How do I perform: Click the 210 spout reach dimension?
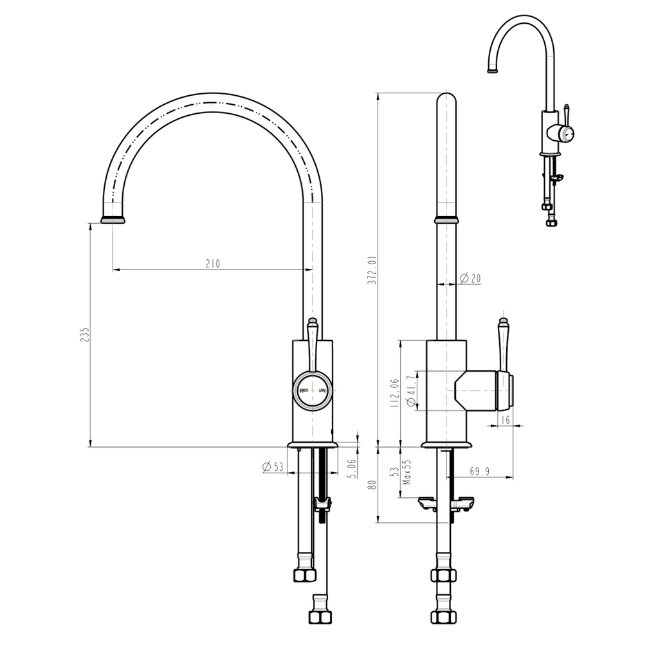click(x=212, y=264)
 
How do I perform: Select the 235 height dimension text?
click(x=84, y=334)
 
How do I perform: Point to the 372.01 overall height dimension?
click(x=371, y=270)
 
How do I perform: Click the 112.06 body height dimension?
click(x=394, y=392)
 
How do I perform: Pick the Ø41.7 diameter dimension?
click(x=412, y=391)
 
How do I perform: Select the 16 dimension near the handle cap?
click(x=505, y=419)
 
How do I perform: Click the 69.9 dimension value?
click(x=479, y=471)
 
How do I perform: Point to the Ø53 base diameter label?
click(x=273, y=467)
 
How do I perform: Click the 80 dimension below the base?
click(x=370, y=484)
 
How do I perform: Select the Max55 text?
click(x=407, y=473)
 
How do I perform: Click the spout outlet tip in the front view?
click(x=113, y=220)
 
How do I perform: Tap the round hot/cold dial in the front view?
click(x=313, y=390)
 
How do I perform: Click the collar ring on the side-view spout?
click(x=447, y=220)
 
